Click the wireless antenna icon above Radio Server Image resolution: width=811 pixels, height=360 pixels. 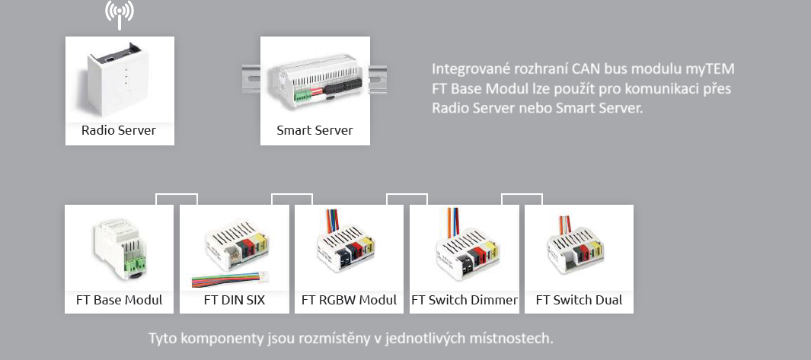pos(120,13)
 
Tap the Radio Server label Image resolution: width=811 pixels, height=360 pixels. pos(119,130)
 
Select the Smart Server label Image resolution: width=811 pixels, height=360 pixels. pos(315,130)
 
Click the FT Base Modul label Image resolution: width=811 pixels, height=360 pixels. pos(120,300)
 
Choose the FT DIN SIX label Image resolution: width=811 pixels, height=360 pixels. pos(235,300)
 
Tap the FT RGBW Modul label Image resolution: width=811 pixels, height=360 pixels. pos(350,300)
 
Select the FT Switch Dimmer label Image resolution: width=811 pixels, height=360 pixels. pos(465,300)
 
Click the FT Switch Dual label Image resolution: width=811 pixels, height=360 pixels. pos(579,300)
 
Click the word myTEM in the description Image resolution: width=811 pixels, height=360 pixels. pos(716,69)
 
